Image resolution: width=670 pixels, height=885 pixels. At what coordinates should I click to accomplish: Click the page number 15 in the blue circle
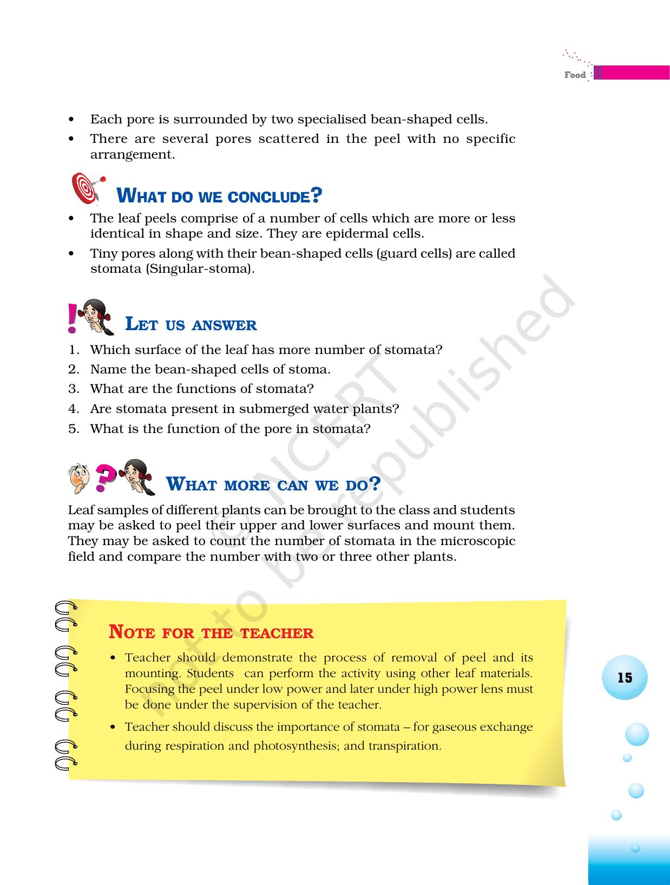[x=625, y=678]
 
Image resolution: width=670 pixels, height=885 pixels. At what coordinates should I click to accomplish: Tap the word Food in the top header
[x=575, y=75]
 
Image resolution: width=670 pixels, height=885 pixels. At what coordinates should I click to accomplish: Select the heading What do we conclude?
[x=219, y=196]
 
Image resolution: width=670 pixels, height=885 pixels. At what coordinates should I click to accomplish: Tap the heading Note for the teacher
[x=211, y=632]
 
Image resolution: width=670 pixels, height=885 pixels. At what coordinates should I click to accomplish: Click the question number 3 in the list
[x=74, y=389]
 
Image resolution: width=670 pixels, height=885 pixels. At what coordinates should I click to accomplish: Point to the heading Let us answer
[x=191, y=325]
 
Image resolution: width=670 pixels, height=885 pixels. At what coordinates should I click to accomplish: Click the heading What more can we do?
[x=273, y=483]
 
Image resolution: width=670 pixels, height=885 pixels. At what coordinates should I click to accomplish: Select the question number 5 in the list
[x=74, y=429]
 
